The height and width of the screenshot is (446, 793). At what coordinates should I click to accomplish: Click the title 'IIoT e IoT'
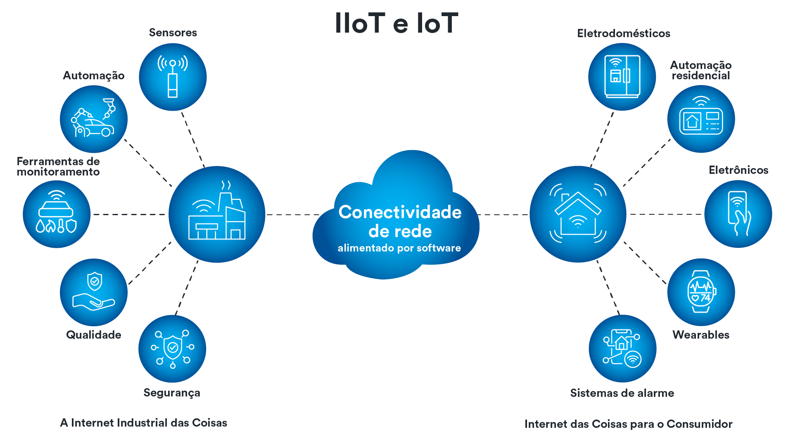[396, 23]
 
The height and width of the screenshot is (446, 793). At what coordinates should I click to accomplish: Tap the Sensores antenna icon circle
[173, 77]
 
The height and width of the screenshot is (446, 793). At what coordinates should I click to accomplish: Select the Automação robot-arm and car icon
[94, 119]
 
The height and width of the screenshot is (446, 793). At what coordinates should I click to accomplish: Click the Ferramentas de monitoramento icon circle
[57, 214]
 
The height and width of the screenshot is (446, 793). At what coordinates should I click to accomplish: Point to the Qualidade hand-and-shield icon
[94, 292]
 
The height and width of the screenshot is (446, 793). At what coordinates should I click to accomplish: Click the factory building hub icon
[217, 214]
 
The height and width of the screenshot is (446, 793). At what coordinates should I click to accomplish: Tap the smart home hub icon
[578, 214]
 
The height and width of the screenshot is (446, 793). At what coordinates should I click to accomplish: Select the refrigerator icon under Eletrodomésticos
[622, 77]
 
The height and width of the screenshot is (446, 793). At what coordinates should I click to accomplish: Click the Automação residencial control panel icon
[701, 119]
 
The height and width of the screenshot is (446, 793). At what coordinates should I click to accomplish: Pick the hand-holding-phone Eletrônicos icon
[738, 214]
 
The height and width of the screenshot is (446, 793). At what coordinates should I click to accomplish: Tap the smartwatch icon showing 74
[701, 292]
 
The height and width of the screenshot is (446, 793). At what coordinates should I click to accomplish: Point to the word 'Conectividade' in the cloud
[400, 212]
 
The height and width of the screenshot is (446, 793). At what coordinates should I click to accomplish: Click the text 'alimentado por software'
[399, 248]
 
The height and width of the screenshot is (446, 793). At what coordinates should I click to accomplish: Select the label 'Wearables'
[701, 335]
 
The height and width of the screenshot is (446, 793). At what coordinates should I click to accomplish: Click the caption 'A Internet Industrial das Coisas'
[144, 423]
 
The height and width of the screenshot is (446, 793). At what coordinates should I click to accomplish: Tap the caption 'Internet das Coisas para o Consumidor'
[628, 424]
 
